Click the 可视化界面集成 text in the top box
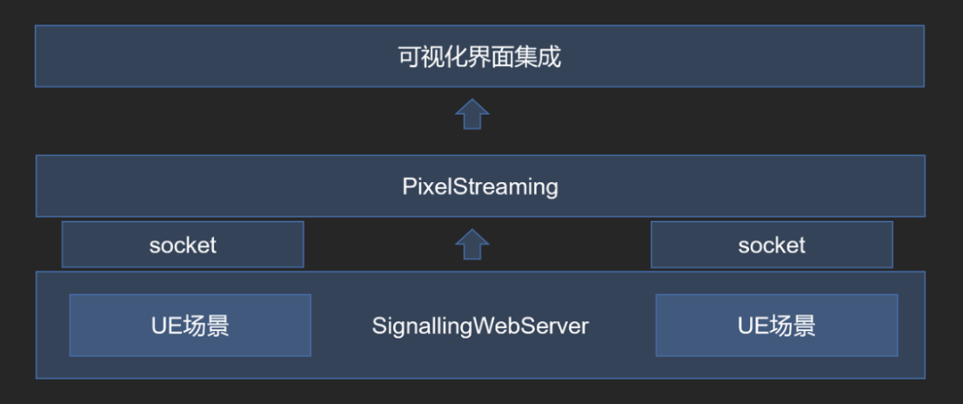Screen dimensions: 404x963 (x=479, y=57)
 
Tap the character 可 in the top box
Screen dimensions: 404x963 (x=408, y=57)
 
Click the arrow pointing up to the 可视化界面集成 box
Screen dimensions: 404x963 (x=472, y=114)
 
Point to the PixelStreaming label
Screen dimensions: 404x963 (x=480, y=187)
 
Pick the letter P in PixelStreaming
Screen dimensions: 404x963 (x=408, y=187)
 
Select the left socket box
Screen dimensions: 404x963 (x=183, y=245)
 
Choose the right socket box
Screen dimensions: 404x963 (x=771, y=245)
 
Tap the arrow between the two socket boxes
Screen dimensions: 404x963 (x=472, y=244)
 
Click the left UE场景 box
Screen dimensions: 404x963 (x=190, y=326)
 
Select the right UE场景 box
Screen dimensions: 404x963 (x=777, y=326)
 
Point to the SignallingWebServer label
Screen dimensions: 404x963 (x=480, y=326)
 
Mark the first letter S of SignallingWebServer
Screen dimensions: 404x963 (x=378, y=326)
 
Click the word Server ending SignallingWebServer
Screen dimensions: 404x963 (x=562, y=326)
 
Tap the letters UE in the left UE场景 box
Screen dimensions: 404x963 (x=166, y=326)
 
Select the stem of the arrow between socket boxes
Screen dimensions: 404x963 (x=472, y=252)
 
